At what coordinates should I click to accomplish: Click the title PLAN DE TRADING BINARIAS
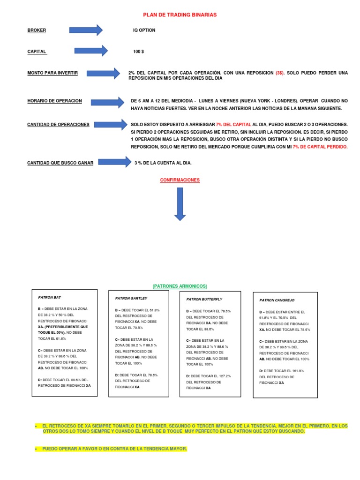coord(180,15)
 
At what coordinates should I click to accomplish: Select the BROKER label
coord(37,30)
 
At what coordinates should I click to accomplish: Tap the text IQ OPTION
coord(144,30)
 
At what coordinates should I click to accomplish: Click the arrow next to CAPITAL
coord(91,51)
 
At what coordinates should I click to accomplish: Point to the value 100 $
coord(138,52)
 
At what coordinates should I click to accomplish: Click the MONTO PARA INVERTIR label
coord(52,73)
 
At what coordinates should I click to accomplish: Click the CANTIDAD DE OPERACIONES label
coord(58,124)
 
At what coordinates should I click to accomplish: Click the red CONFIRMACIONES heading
coord(180,180)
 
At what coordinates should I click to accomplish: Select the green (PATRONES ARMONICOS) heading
coord(180,286)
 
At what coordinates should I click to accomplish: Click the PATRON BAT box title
coord(49,297)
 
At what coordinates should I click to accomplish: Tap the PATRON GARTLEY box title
coord(131,298)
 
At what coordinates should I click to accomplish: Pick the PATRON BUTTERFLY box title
coord(204,299)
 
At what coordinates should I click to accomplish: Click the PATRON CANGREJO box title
coord(277,300)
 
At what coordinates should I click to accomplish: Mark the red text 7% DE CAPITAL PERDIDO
coord(320,147)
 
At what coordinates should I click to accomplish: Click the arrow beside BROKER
coord(86,30)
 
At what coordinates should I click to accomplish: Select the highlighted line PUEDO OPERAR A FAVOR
coord(114,449)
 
